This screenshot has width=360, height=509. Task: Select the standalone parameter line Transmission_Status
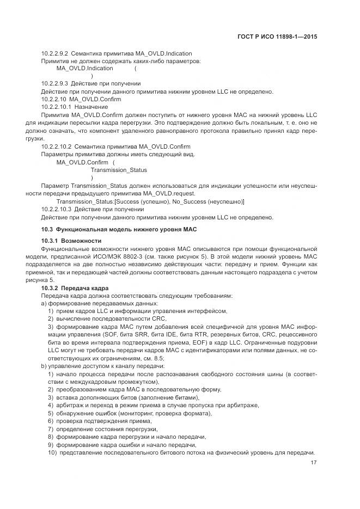pos(119,170)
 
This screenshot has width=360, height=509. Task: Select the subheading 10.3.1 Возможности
pos(71,241)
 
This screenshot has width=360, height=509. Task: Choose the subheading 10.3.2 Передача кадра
pos(75,287)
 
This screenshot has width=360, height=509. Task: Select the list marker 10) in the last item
pos(52,453)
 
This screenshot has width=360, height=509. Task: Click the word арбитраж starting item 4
pos(69,406)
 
